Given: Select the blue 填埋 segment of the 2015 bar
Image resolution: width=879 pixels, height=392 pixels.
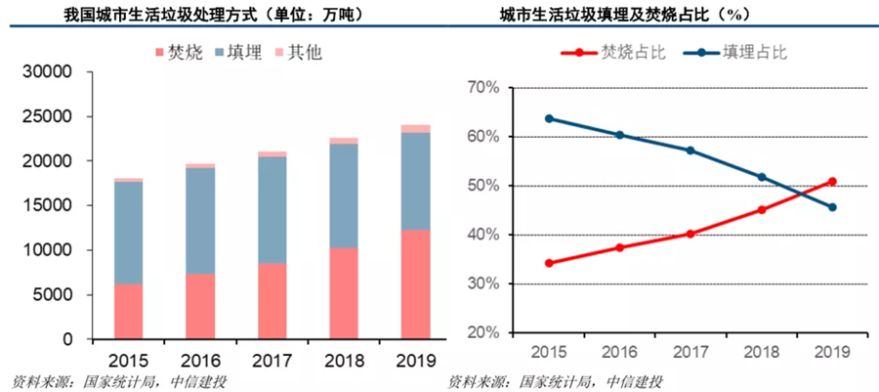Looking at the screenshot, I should click(x=128, y=233).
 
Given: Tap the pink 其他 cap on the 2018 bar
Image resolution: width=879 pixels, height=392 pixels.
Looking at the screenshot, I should click(x=344, y=141).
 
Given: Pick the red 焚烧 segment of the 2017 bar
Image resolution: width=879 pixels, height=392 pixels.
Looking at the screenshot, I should click(x=272, y=301).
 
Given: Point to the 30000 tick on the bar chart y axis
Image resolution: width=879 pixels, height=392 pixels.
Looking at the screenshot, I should click(x=47, y=72).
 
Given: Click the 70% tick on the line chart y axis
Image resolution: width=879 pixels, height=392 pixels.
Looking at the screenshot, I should click(x=482, y=88).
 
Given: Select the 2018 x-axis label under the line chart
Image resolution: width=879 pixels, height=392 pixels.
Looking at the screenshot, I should click(x=762, y=351).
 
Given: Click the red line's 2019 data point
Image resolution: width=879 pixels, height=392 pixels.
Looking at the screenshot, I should click(x=831, y=181).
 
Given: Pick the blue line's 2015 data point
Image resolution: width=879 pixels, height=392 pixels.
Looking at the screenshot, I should click(x=550, y=118).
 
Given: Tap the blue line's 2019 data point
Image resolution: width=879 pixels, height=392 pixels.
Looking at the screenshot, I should click(x=831, y=207).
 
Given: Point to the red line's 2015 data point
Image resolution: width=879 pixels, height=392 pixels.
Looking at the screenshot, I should click(x=550, y=263).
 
